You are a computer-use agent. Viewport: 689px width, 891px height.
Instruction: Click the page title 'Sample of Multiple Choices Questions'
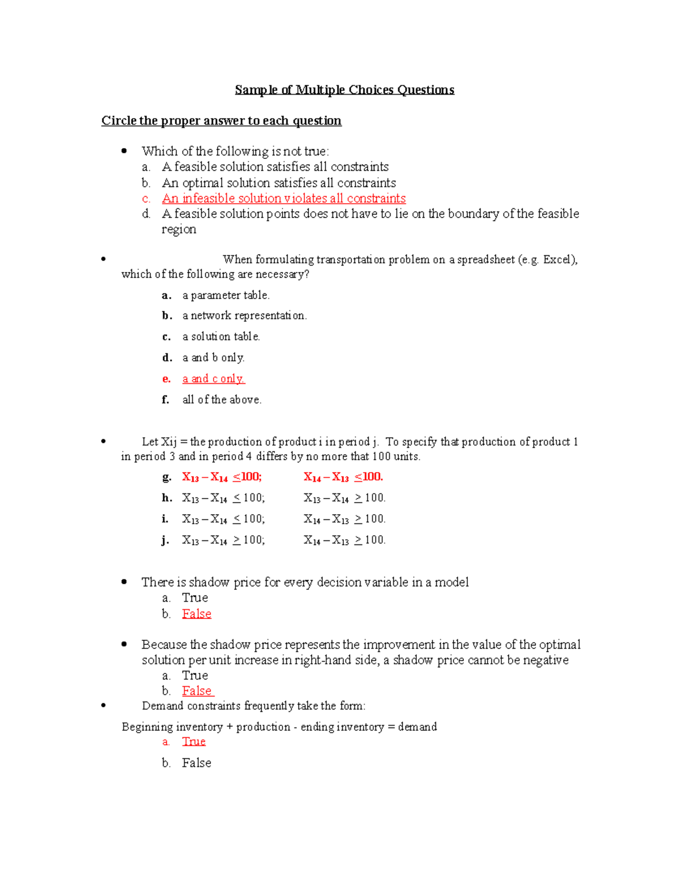pyautogui.click(x=344, y=90)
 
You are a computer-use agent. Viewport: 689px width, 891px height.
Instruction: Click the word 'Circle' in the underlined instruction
pyautogui.click(x=119, y=120)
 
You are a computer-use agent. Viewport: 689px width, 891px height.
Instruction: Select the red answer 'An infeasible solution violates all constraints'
pyautogui.click(x=284, y=199)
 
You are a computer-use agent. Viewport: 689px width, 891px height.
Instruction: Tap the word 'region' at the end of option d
pyautogui.click(x=179, y=229)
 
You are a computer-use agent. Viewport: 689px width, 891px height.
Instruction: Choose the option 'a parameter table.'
pyautogui.click(x=226, y=295)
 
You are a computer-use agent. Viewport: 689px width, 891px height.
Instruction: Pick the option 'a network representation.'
pyautogui.click(x=244, y=316)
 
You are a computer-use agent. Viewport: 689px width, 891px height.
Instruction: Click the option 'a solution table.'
pyautogui.click(x=221, y=337)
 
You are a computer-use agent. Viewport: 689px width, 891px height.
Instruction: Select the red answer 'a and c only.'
pyautogui.click(x=214, y=379)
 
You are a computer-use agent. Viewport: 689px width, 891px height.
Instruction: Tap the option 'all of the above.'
pyautogui.click(x=222, y=400)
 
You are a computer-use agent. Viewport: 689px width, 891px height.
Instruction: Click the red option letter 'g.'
pyautogui.click(x=167, y=477)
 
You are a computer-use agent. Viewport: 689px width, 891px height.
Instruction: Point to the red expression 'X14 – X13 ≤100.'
pyautogui.click(x=343, y=477)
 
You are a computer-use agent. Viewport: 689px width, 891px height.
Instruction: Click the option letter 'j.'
pyautogui.click(x=165, y=540)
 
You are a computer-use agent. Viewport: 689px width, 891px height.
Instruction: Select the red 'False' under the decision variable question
pyautogui.click(x=196, y=614)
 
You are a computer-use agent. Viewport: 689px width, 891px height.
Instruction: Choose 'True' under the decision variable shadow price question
pyautogui.click(x=195, y=598)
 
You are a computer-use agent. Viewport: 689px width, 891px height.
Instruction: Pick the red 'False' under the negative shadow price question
pyautogui.click(x=197, y=691)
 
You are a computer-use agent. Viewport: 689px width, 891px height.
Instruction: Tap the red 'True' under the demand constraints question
pyautogui.click(x=193, y=742)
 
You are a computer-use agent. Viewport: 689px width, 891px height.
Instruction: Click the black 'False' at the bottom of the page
pyautogui.click(x=196, y=763)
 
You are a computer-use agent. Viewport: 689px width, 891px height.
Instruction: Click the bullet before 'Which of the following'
pyautogui.click(x=124, y=151)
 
